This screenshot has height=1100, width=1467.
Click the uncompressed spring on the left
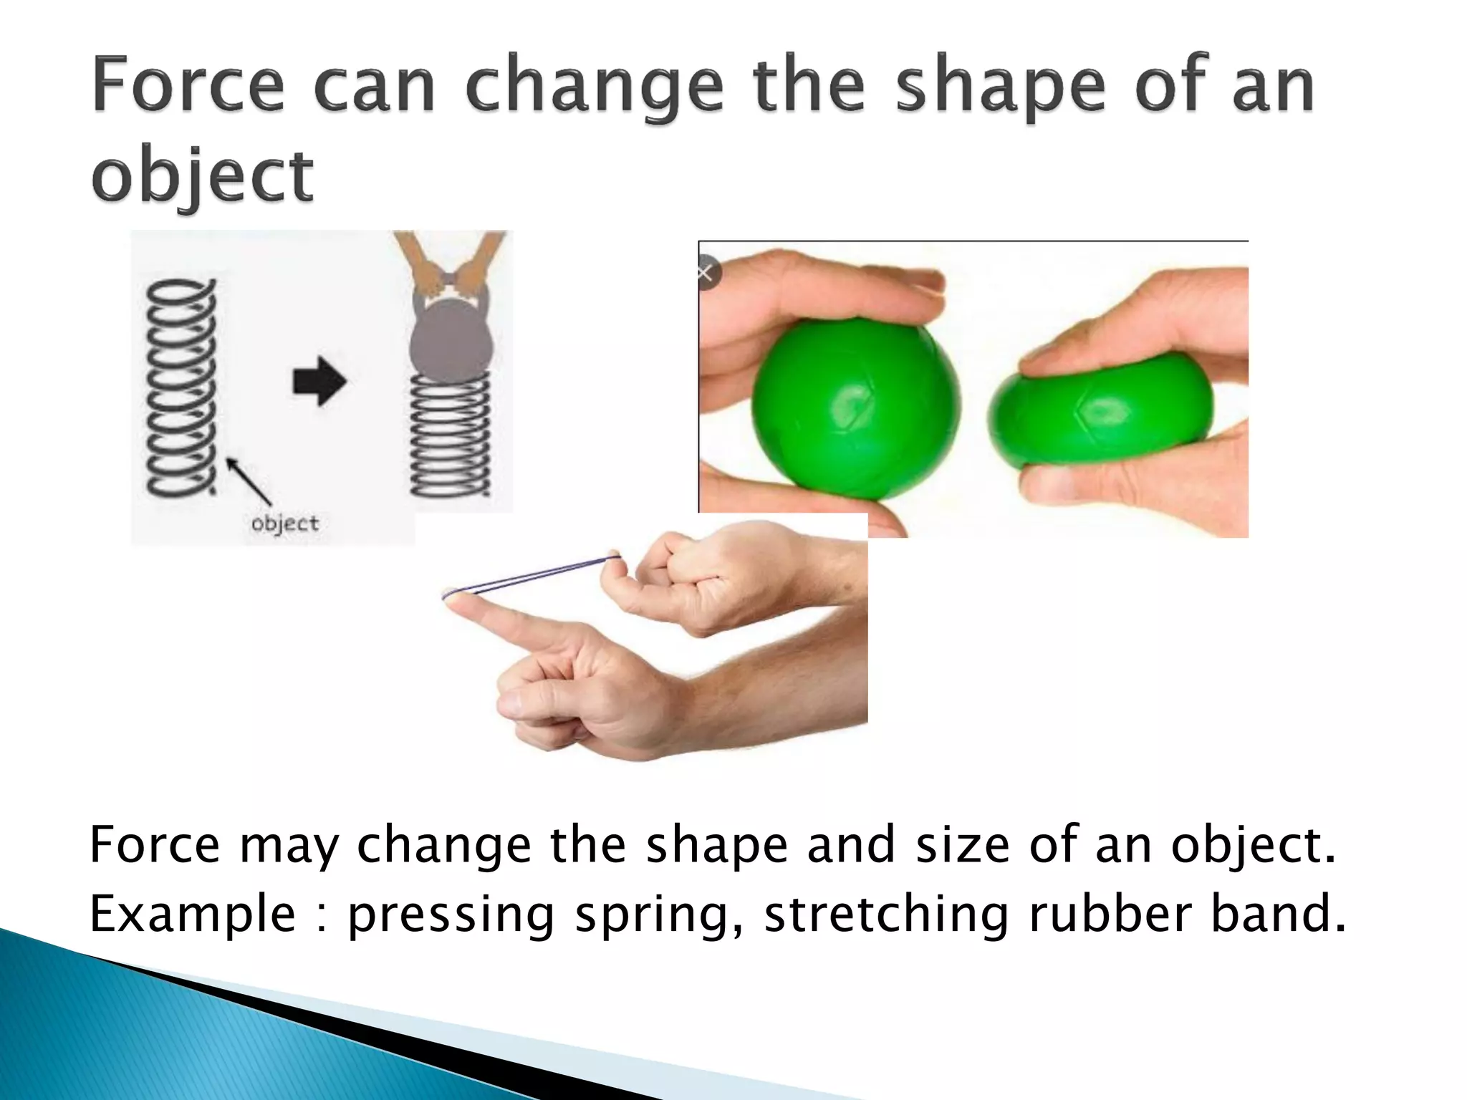point(181,387)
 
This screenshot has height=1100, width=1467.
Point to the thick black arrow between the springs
point(319,380)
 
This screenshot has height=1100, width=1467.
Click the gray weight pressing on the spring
point(451,337)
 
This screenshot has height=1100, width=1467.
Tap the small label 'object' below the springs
point(284,524)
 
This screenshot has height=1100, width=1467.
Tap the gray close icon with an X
point(706,273)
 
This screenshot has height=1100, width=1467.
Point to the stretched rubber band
point(534,574)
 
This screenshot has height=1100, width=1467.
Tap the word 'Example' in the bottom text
point(192,915)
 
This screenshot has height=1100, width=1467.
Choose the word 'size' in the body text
point(963,844)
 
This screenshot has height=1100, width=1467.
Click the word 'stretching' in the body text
point(886,915)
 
